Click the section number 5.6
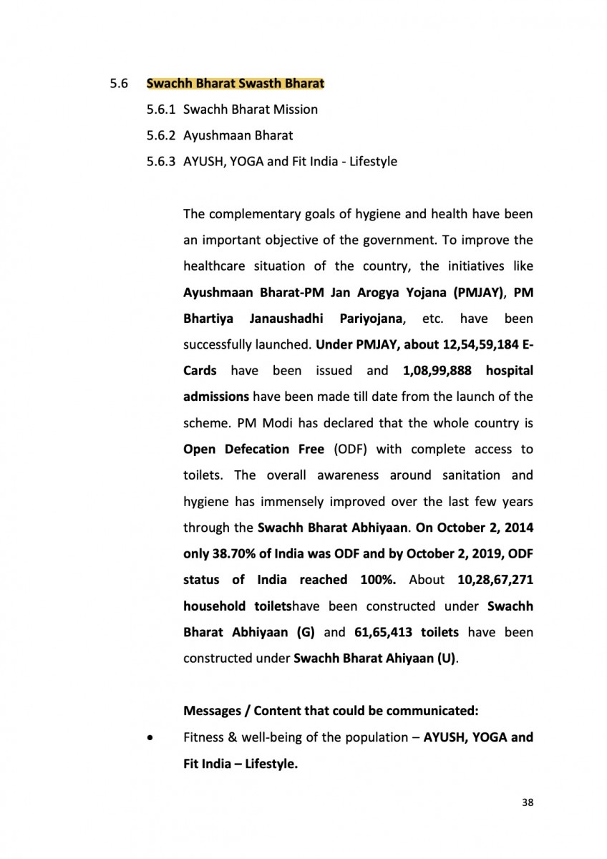coord(118,84)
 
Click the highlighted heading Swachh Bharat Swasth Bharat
coord(235,84)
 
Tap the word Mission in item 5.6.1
coord(295,110)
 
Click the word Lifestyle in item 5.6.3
coord(373,161)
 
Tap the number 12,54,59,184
coord(475,344)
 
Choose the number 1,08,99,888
coord(432,370)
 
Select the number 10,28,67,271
coord(495,579)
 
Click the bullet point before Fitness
coord(149,737)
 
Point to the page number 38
coord(528,802)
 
